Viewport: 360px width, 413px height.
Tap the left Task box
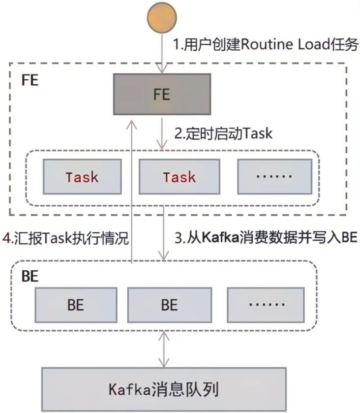pyautogui.click(x=82, y=177)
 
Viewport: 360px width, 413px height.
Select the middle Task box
pyautogui.click(x=179, y=177)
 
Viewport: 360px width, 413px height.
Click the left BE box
pyautogui.click(x=76, y=305)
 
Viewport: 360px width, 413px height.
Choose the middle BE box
pyautogui.click(x=169, y=305)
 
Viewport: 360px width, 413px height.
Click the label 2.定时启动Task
pyautogui.click(x=223, y=133)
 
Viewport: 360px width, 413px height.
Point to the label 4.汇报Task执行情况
pyautogui.click(x=65, y=239)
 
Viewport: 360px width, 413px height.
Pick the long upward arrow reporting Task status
pyautogui.click(x=132, y=197)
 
